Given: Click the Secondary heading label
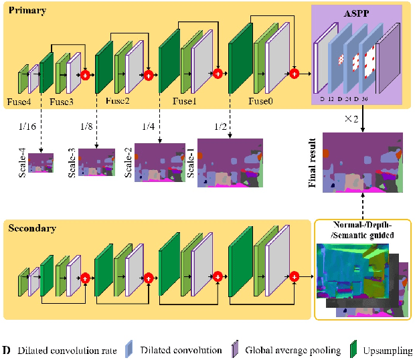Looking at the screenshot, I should coord(31,228).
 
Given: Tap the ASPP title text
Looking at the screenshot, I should coord(356,12).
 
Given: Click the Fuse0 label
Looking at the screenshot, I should coord(261,102).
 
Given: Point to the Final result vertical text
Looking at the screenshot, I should coord(313,163).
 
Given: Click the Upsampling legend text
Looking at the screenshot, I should coord(388,350).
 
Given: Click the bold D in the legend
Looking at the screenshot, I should coord(6,350).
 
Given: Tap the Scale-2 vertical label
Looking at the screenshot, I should coord(127,162).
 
